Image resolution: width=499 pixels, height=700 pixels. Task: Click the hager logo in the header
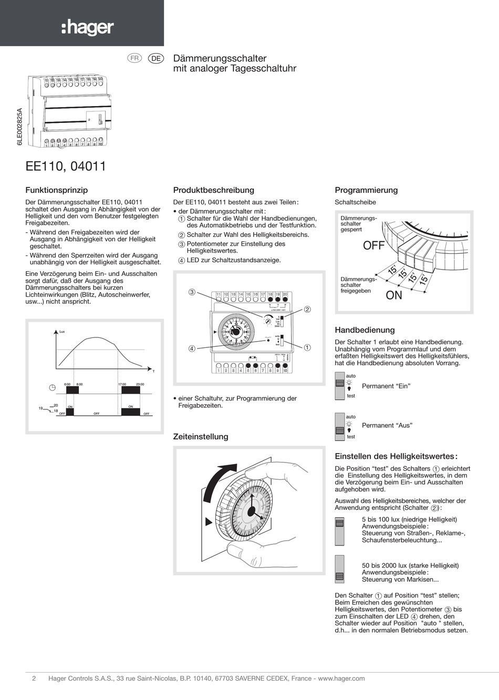coord(87,27)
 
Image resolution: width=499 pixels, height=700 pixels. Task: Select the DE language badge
coord(156,58)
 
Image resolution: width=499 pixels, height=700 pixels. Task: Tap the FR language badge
coord(135,58)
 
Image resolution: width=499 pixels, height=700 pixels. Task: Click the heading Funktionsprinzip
coord(57,190)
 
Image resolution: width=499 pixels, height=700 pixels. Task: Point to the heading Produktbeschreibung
coord(213,190)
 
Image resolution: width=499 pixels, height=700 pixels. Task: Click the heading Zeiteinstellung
coord(201,437)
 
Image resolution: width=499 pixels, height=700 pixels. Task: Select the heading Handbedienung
coord(365,330)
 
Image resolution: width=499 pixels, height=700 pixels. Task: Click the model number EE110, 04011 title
coord(66,166)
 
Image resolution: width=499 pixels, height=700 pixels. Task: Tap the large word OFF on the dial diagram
coord(373,245)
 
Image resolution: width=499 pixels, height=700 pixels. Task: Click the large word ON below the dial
coord(394,295)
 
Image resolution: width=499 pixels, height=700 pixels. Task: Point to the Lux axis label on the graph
coord(62,332)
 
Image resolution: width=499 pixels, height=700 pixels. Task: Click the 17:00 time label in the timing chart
coord(122,384)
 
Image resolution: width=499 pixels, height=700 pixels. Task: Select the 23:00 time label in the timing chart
coord(140,384)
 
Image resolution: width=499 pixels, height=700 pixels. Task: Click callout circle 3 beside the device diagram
coord(192,292)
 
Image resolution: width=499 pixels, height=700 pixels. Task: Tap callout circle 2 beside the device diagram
coord(307,310)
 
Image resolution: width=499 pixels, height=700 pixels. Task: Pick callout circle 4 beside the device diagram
coord(192,348)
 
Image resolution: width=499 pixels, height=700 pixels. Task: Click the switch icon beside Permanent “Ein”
coord(339,386)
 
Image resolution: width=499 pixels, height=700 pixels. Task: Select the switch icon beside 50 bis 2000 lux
coord(339,569)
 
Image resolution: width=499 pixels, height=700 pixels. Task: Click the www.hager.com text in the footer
coord(341,678)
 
